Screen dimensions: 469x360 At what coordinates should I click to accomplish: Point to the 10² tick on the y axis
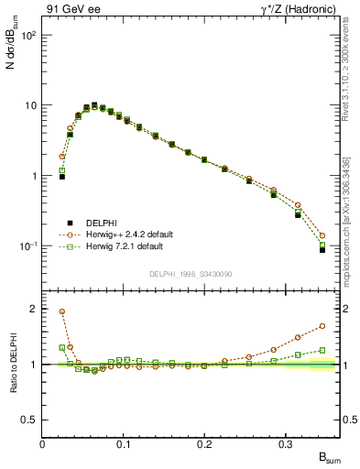pos(28,35)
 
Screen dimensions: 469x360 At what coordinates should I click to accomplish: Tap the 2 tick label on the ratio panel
pos(34,309)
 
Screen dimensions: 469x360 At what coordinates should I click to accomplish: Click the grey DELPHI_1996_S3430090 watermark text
pos(190,274)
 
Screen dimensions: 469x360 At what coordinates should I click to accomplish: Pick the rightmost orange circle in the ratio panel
pos(322,325)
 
